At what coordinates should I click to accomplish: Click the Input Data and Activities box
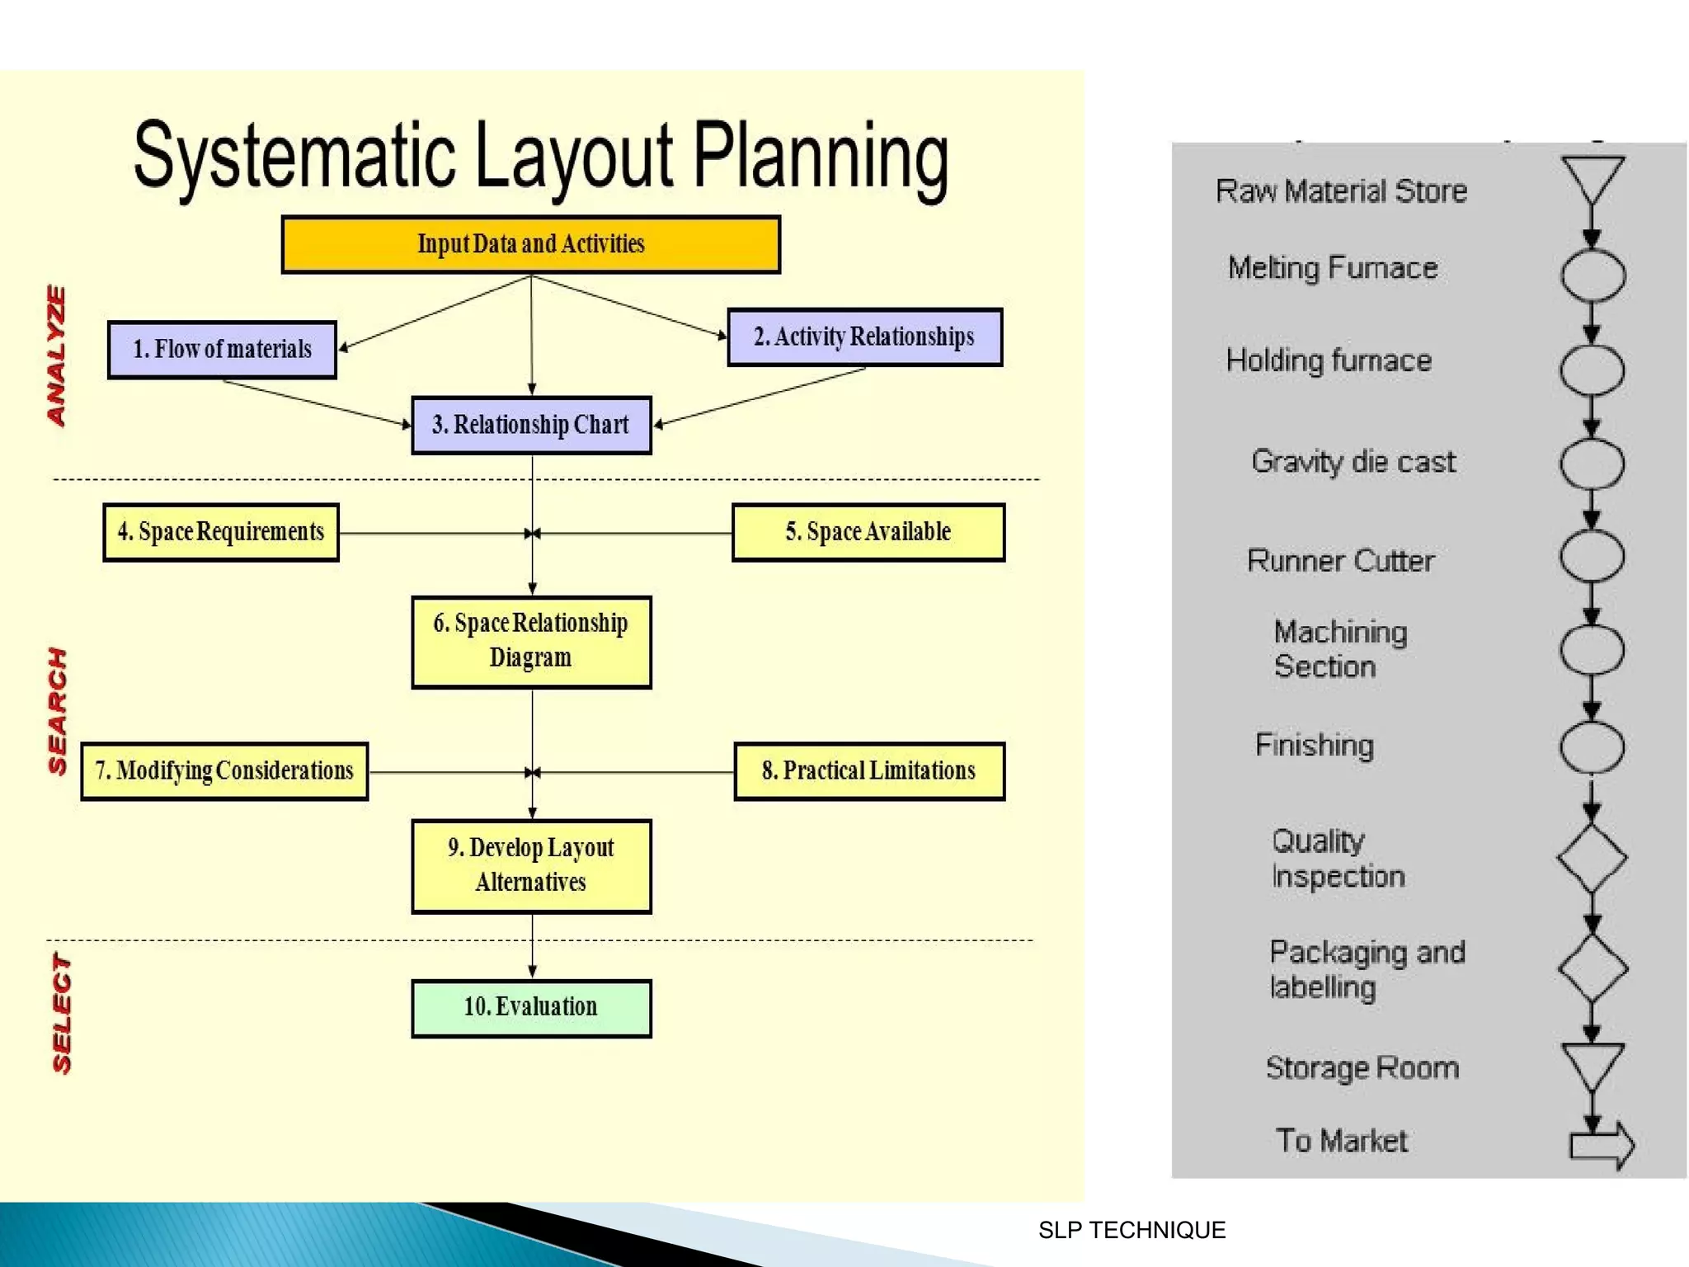coord(530,244)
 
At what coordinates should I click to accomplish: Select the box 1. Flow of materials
coord(222,350)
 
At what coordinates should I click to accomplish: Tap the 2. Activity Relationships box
coord(864,337)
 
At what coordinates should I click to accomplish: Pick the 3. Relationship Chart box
coord(531,425)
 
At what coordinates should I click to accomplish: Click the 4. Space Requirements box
coord(221,532)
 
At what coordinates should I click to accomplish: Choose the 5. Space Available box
coord(868,532)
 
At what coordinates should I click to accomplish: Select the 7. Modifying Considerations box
coord(224,771)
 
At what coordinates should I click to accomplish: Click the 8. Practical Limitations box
coord(868,771)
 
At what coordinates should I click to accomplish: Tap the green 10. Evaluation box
coord(531,1007)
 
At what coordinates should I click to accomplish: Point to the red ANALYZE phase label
coord(56,356)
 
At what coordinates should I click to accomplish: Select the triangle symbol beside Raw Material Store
coord(1592,178)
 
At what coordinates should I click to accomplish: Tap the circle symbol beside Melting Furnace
coord(1592,275)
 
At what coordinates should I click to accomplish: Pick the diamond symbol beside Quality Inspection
coord(1592,859)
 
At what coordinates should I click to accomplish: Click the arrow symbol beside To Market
coord(1601,1145)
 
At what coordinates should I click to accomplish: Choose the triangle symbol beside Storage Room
coord(1592,1065)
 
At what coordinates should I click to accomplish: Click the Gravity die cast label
coord(1353,462)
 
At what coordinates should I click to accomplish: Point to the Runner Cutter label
coord(1340,561)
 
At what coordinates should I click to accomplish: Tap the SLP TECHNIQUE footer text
coord(1131,1230)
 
